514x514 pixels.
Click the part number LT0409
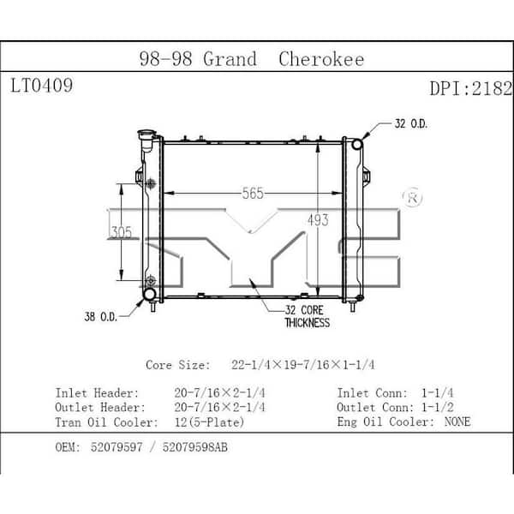42,86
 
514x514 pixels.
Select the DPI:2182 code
470,88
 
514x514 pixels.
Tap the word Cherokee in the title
321,59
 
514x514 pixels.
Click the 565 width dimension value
253,194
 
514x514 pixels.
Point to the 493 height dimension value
318,220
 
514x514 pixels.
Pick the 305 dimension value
122,232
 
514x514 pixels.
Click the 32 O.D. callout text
411,124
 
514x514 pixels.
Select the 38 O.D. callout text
100,317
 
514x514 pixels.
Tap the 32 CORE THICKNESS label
308,316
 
